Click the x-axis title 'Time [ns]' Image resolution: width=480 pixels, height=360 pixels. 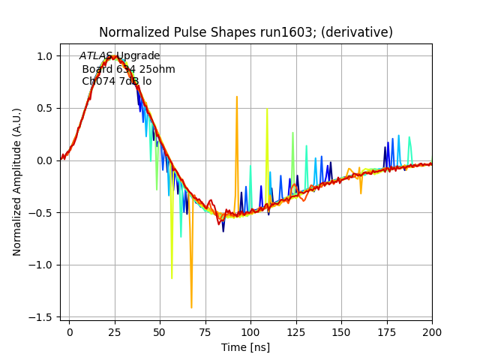[245, 347]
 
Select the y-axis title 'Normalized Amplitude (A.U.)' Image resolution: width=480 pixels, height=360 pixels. [17, 181]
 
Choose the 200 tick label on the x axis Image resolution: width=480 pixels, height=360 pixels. [432, 331]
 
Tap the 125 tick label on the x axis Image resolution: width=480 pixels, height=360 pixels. [296, 331]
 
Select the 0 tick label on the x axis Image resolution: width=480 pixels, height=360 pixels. [69, 331]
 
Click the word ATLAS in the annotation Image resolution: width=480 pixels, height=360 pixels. [96, 56]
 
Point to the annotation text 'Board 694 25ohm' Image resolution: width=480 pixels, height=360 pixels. [128, 69]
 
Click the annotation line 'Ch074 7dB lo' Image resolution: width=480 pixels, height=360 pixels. [116, 81]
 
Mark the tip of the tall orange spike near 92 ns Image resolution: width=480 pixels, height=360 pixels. [236, 97]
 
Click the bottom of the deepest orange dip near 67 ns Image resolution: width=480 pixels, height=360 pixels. [191, 307]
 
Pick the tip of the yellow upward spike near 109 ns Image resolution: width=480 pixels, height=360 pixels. [267, 109]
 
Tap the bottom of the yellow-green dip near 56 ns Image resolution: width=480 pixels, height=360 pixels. [172, 278]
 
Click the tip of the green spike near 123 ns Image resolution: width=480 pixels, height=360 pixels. [292, 133]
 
